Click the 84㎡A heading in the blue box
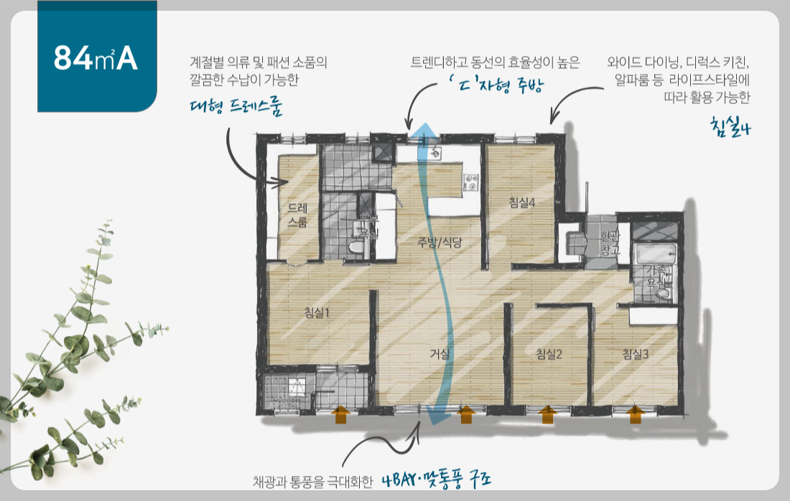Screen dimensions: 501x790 point(96,60)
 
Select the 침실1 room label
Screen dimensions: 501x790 point(316,312)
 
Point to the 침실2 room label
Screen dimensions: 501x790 point(548,353)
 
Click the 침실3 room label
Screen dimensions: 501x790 point(636,353)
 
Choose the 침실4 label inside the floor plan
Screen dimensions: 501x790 point(522,203)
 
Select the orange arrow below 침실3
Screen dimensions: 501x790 point(634,414)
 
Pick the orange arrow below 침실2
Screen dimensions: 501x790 point(547,414)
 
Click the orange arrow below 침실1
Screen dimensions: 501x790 point(341,414)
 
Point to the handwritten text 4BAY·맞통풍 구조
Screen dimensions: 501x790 point(439,479)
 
